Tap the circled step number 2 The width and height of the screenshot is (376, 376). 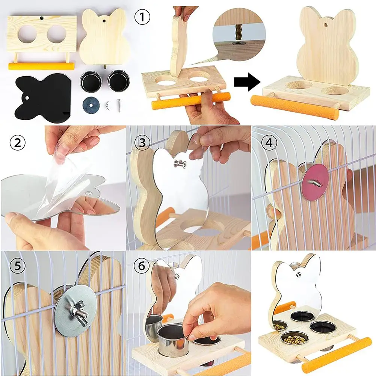point(18,143)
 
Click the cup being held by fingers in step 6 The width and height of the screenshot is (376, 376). point(172,340)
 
